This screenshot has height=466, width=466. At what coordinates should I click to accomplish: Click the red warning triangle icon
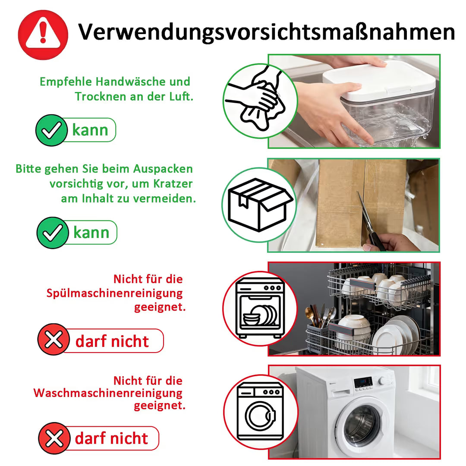(43, 35)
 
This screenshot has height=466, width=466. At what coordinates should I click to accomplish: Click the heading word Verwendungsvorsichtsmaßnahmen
(266, 32)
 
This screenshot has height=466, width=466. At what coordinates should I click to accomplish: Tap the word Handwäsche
(130, 82)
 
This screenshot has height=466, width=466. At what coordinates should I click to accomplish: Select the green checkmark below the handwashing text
(51, 130)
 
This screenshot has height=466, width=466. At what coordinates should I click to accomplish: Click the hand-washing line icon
(255, 98)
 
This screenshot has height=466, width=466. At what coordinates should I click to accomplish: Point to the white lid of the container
(379, 80)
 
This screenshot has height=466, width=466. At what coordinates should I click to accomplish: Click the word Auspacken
(163, 169)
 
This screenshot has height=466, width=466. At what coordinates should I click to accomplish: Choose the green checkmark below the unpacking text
(53, 233)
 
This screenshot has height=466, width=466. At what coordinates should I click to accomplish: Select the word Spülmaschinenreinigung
(115, 293)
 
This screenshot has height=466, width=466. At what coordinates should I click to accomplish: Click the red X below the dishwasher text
(54, 339)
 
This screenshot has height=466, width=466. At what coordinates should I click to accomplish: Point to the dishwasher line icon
(260, 308)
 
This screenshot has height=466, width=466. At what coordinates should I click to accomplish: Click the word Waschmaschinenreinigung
(108, 393)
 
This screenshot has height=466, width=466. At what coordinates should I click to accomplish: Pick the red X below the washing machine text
(54, 438)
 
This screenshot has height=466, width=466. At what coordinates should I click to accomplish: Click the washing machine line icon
(260, 412)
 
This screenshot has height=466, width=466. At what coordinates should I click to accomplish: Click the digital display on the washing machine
(362, 381)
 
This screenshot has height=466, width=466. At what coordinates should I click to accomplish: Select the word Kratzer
(173, 184)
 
